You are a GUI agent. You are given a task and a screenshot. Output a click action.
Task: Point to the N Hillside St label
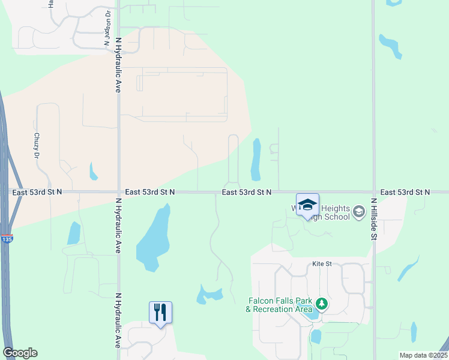[373, 220]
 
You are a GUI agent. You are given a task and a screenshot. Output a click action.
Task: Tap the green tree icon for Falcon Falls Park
[322, 304]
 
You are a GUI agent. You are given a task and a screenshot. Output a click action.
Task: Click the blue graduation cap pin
[307, 205]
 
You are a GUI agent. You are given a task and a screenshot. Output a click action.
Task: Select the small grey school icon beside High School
[359, 211]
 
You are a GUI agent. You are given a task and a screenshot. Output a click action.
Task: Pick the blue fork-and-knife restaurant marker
[160, 313]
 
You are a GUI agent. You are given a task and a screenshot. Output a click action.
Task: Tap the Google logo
[20, 353]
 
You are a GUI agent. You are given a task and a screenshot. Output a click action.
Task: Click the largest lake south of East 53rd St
[152, 237]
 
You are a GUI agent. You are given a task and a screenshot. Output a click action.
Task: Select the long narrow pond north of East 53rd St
[256, 159]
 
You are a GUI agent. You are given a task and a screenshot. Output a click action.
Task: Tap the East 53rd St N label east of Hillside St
[405, 192]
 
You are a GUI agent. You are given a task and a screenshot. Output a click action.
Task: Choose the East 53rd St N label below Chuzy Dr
[37, 192]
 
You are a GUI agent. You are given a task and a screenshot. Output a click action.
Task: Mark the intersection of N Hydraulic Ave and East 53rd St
[118, 192]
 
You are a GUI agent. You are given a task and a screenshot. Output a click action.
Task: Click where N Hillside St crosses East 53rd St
[373, 192]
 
